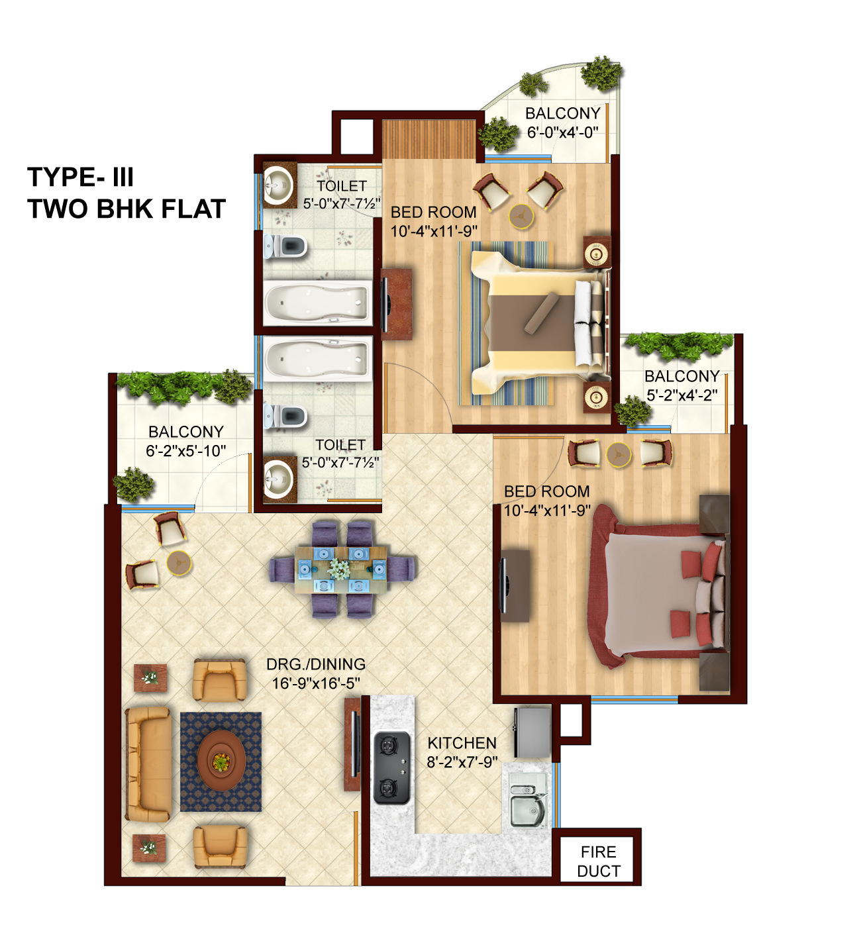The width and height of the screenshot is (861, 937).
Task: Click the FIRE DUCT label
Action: (x=599, y=861)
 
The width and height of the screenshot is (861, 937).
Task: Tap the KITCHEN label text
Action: (x=462, y=743)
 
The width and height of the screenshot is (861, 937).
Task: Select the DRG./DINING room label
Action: (x=316, y=664)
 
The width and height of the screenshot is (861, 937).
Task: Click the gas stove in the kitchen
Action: (x=391, y=767)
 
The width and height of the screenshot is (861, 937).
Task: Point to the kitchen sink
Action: (x=527, y=806)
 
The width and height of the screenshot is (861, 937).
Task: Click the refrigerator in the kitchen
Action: (x=532, y=732)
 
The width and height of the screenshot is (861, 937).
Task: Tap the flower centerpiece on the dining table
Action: (x=340, y=569)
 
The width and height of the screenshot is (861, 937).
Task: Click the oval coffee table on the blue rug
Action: (x=221, y=761)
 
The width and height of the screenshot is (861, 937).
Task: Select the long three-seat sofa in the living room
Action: (x=148, y=764)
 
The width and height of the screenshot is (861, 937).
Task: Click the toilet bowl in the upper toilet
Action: (x=286, y=246)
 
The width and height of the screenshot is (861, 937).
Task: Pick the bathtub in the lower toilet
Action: (x=317, y=358)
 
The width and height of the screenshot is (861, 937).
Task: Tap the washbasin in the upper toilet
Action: (x=278, y=185)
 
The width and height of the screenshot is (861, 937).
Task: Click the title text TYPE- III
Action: (x=81, y=177)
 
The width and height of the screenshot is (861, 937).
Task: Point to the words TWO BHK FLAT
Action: (x=127, y=209)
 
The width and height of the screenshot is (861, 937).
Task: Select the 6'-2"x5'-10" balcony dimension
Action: (x=185, y=451)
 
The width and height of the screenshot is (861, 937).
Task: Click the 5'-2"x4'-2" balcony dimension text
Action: (x=682, y=395)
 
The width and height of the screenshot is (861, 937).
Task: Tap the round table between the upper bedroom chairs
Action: (x=521, y=216)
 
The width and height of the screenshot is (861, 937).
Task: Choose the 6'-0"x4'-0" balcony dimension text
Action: (x=562, y=132)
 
